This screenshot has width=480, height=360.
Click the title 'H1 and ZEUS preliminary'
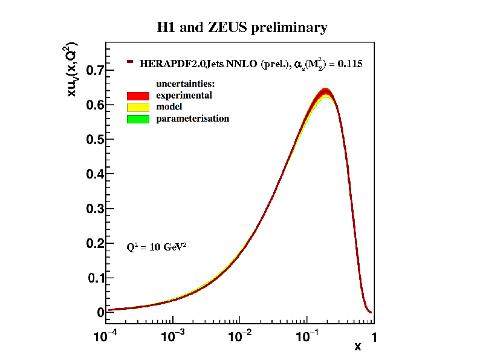[x=242, y=27]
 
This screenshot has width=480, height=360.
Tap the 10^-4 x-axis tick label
[x=106, y=336]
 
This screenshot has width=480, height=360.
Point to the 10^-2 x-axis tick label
[x=240, y=336]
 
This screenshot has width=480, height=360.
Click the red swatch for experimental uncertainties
[x=138, y=96]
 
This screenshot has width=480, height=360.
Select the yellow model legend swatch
[x=138, y=107]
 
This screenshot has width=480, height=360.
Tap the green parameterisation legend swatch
[x=138, y=119]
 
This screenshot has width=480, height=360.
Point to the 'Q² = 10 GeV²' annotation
[x=157, y=247]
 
